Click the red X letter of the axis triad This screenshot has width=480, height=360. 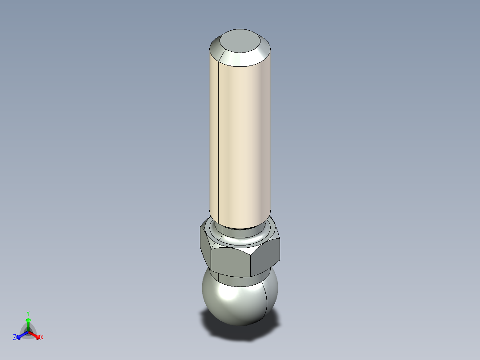pos(42,338)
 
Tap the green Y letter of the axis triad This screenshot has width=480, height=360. pos(28,313)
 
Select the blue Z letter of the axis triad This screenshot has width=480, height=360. pos(15,338)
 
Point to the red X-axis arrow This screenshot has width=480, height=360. pos(35,335)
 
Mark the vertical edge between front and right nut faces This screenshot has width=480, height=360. pos(252,263)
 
